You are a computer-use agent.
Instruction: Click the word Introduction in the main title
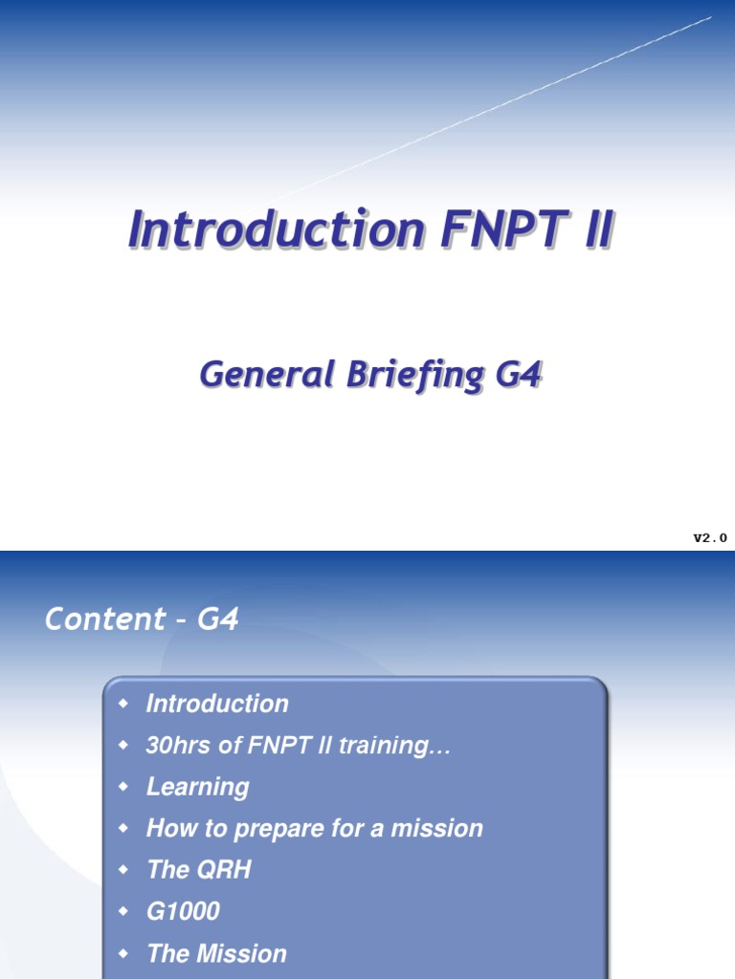pyautogui.click(x=277, y=231)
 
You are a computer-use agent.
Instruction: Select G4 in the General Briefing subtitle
pyautogui.click(x=519, y=375)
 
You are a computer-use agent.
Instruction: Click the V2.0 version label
pyautogui.click(x=710, y=538)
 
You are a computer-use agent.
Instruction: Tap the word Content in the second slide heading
pyautogui.click(x=93, y=620)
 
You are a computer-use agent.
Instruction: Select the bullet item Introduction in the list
pyautogui.click(x=217, y=704)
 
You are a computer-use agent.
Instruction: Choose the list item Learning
pyautogui.click(x=197, y=787)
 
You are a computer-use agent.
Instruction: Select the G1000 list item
pyautogui.click(x=183, y=911)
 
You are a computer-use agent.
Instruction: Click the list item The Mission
pyautogui.click(x=216, y=953)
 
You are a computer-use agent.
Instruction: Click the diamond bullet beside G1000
pyautogui.click(x=122, y=911)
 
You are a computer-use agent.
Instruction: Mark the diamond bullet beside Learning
pyautogui.click(x=122, y=786)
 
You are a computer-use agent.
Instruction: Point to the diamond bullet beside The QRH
pyautogui.click(x=122, y=869)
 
